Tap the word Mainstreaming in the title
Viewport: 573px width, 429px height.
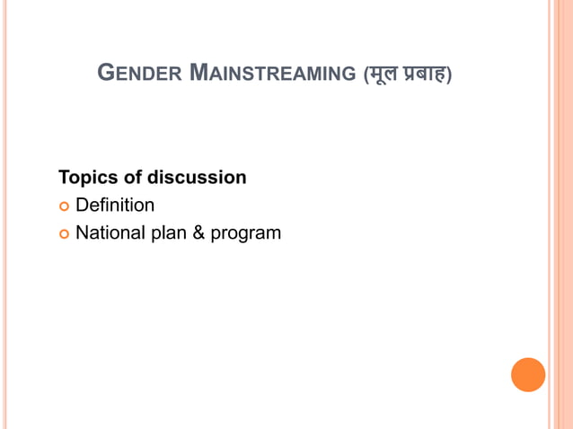pos(273,73)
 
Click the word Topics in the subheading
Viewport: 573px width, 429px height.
pos(87,178)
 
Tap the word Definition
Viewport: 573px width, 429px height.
pos(115,206)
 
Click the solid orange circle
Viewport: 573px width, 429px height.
pos(528,375)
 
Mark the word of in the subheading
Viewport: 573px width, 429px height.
pos(132,178)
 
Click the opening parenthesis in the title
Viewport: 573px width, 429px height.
pos(365,74)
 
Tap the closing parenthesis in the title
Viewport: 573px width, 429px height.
pos(450,74)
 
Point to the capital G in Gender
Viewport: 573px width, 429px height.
pos(104,72)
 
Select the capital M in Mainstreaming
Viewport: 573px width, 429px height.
pos(200,72)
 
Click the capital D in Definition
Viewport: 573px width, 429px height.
pos(82,206)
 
